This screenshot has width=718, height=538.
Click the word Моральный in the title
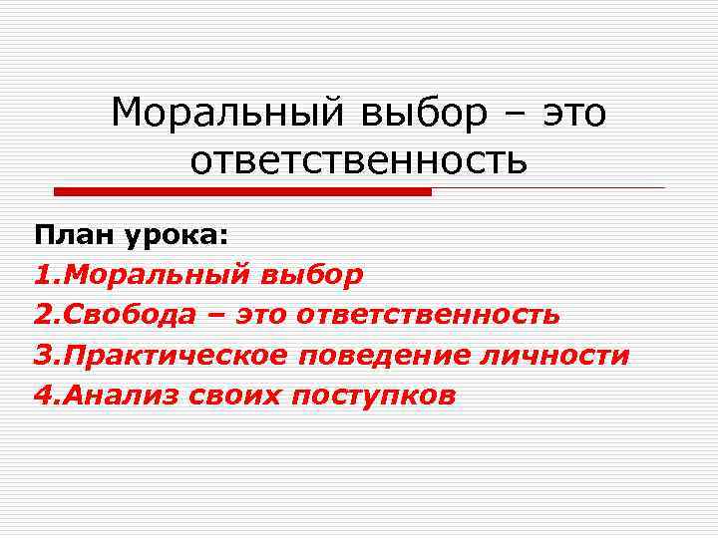pyautogui.click(x=226, y=113)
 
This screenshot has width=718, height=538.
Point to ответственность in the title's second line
pyautogui.click(x=358, y=160)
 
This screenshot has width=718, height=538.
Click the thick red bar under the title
pyautogui.click(x=242, y=191)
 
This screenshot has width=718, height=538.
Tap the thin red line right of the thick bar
pyautogui.click(x=547, y=188)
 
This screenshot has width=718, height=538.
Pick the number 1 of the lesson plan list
pyautogui.click(x=42, y=275)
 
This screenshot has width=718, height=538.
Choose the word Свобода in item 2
pyautogui.click(x=127, y=315)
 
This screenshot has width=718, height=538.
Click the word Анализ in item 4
pyautogui.click(x=111, y=396)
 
